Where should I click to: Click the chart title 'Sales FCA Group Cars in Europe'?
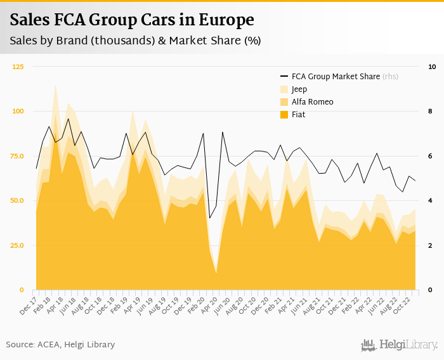(x=132, y=20)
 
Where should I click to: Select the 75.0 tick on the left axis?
(x=17, y=156)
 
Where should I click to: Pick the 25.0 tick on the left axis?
(x=17, y=245)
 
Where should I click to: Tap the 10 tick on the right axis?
(x=432, y=67)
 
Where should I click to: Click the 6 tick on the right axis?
(x=431, y=156)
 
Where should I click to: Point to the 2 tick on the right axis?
(x=431, y=245)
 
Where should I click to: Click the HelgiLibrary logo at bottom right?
(x=400, y=345)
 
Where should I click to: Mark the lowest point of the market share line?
(x=210, y=218)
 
